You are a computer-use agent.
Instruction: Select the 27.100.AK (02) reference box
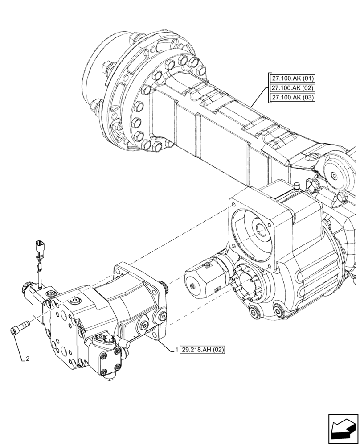(292, 88)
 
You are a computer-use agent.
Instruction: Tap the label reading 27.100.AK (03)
(292, 98)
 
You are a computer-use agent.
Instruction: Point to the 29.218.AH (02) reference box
(203, 349)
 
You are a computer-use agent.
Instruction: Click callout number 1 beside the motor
(177, 349)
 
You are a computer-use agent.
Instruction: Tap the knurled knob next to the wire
(25, 289)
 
